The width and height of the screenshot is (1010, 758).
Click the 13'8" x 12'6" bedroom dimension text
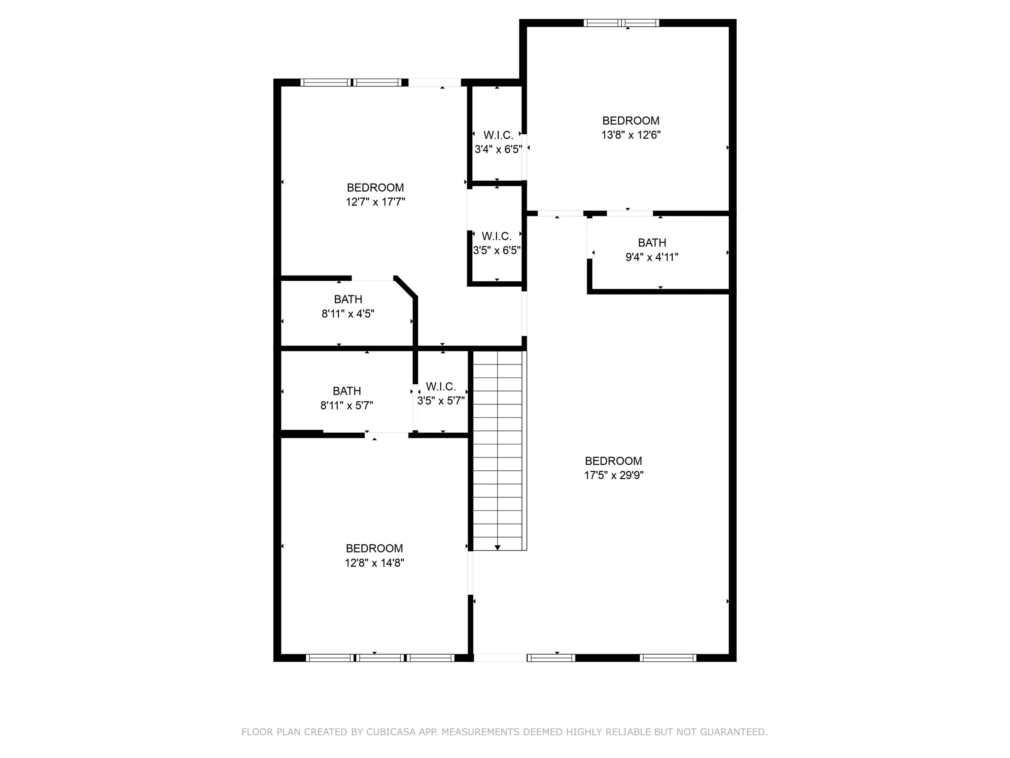tap(631, 135)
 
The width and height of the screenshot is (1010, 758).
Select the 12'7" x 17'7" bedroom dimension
tap(375, 202)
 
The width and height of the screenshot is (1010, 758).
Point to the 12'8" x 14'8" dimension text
tap(374, 563)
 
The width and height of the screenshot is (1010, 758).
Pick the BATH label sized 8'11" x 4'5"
tap(348, 299)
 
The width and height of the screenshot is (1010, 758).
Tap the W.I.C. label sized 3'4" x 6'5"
tap(498, 135)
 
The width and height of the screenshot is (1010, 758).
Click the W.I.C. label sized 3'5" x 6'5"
tap(496, 236)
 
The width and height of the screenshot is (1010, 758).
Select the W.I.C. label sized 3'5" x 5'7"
tap(441, 386)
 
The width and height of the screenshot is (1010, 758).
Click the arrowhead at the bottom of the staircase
tap(498, 547)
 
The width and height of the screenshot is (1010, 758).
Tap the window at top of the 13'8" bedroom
tap(621, 23)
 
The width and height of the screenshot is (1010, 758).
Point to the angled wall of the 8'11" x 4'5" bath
tap(405, 287)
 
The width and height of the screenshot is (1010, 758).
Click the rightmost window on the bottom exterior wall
tap(668, 658)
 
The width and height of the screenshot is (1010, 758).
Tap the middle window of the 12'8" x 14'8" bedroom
tap(380, 658)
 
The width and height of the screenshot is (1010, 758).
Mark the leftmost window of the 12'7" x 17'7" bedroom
tap(326, 83)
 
